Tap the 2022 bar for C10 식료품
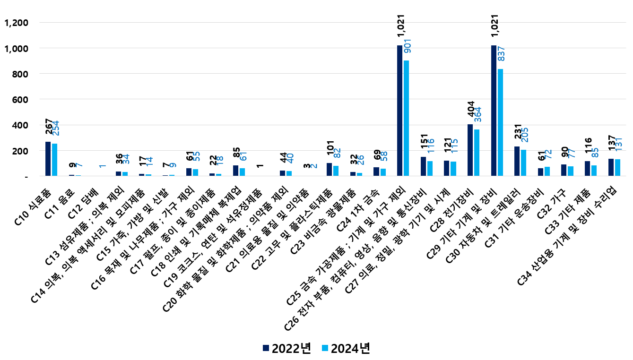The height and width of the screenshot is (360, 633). tap(48, 159)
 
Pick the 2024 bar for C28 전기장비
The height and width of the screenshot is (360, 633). tap(477, 153)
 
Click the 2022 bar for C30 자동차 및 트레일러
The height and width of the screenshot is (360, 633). tap(517, 161)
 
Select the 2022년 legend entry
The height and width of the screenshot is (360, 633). tap(286, 348)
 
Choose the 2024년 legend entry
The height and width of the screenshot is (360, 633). tap(346, 348)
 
